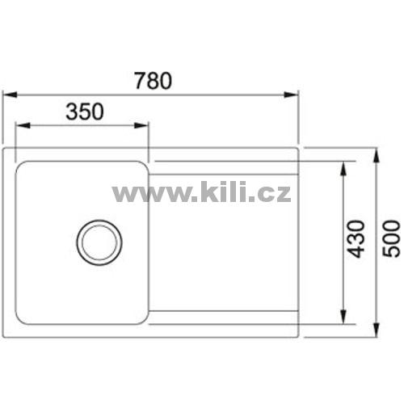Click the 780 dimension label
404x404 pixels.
tap(154, 81)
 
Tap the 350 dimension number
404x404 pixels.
tap(85, 112)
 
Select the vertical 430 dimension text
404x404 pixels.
tap(356, 239)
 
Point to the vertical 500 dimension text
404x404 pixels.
tap(391, 238)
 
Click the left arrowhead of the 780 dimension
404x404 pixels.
tap(10, 95)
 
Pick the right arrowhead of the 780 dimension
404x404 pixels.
tap(292, 95)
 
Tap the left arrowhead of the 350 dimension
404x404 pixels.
tap(23, 125)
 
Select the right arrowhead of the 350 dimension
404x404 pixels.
tap(141, 125)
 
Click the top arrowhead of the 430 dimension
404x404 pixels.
tap(343, 169)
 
